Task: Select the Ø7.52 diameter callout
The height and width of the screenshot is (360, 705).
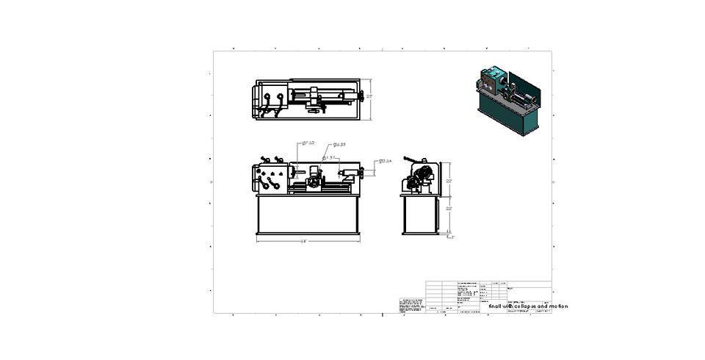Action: tap(308, 143)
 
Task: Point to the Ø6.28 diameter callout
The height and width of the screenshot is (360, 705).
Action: tap(339, 145)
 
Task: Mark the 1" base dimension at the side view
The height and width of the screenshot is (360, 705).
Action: tap(453, 237)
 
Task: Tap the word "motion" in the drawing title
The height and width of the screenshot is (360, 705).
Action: tap(558, 306)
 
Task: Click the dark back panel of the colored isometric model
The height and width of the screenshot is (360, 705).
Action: tap(535, 96)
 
